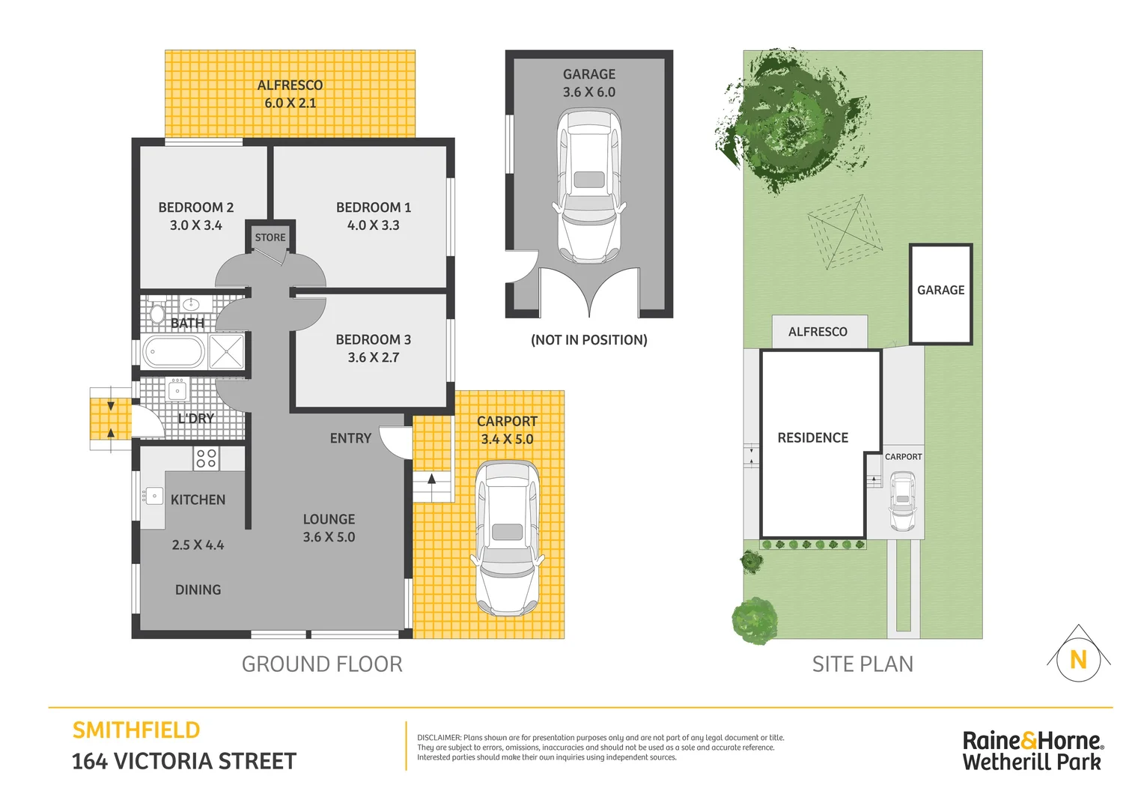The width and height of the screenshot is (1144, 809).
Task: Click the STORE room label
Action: coord(270,237)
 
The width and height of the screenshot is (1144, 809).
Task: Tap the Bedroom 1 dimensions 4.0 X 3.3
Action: coord(373,225)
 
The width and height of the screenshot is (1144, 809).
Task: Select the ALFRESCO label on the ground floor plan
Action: coord(290,85)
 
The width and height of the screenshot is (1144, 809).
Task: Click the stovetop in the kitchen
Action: coord(206,458)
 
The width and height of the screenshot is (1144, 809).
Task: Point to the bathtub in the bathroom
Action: coord(174,352)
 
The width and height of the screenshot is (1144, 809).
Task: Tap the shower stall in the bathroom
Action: coord(226,352)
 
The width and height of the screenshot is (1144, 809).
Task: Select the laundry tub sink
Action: coord(177,390)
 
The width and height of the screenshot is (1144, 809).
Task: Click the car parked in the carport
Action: coord(507,538)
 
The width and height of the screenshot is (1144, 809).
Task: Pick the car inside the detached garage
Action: coord(589,185)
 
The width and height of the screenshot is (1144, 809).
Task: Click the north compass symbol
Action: coord(1078,658)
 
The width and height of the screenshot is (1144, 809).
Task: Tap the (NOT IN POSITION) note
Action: coord(588,340)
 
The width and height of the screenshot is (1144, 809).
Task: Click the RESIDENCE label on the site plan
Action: coord(812,438)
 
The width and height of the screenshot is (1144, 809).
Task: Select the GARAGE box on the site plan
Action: coord(940,293)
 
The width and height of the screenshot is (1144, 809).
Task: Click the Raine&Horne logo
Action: coord(1032,751)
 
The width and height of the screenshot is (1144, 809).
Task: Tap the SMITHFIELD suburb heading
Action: coord(136,730)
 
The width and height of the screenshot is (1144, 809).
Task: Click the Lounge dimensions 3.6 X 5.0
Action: coord(329,537)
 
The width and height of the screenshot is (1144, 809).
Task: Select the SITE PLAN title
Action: coord(862,664)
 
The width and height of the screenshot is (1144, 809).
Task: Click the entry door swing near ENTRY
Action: coord(395,442)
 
